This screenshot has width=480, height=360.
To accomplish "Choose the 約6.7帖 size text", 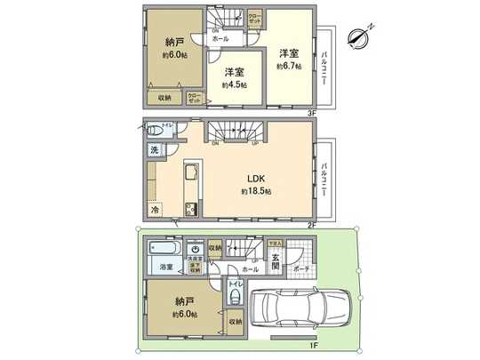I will (x=289, y=66).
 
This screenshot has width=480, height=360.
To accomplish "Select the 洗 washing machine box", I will (x=154, y=152).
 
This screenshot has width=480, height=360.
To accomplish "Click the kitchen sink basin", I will (x=190, y=172).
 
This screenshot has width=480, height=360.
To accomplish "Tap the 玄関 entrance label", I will (x=276, y=264).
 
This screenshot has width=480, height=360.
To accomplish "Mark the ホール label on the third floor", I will (x=220, y=38).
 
